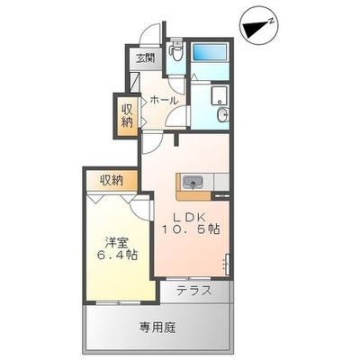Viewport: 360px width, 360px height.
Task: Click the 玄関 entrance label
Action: tap(145, 58)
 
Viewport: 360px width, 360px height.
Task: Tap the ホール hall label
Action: tap(164, 100)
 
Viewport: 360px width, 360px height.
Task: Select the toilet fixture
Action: tap(175, 49)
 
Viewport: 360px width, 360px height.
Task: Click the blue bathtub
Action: tap(210, 52)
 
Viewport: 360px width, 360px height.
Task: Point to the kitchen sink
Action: tap(193, 183)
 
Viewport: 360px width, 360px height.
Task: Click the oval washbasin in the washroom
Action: tap(223, 114)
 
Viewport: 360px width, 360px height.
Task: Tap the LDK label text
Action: tap(190, 218)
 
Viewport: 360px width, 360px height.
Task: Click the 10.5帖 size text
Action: tap(192, 230)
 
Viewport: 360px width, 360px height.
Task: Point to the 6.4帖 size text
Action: tap(117, 255)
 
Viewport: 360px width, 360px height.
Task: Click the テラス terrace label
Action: tap(194, 291)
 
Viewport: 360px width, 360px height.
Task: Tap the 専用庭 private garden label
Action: tap(157, 328)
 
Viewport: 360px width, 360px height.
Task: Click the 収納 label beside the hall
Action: tap(127, 116)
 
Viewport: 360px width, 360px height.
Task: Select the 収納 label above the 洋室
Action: tap(112, 180)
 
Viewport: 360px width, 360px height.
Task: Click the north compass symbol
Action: tap(260, 26)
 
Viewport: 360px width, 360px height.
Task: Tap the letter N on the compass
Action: tap(271, 21)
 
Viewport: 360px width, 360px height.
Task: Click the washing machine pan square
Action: tap(220, 95)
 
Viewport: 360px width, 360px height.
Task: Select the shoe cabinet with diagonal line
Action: tap(134, 82)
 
